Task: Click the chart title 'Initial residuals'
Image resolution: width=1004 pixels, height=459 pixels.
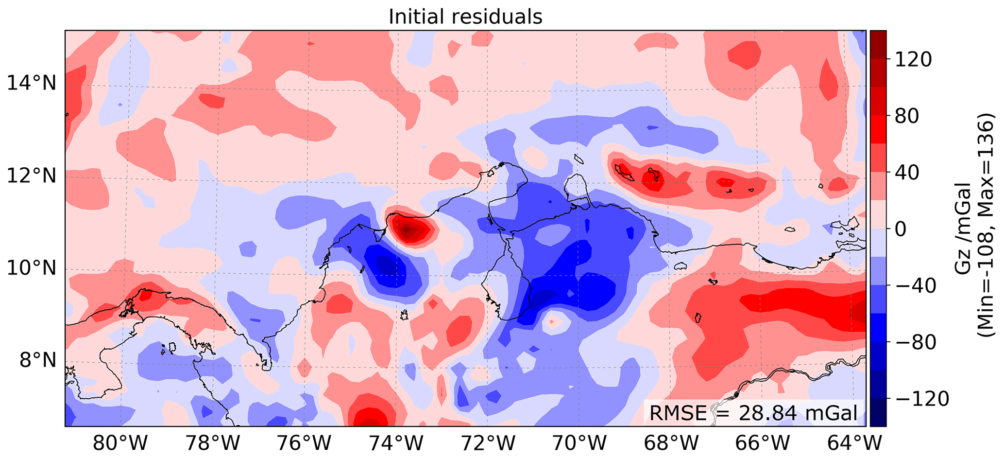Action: (x=465, y=17)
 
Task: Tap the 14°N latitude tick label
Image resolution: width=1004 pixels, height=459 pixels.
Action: (x=32, y=83)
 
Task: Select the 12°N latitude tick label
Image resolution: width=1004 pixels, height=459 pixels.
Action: (x=32, y=176)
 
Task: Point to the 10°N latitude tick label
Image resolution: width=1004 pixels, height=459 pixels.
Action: (x=32, y=268)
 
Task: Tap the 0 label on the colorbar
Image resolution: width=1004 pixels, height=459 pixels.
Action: (x=901, y=229)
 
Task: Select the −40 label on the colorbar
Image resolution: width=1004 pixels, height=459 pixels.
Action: (x=915, y=286)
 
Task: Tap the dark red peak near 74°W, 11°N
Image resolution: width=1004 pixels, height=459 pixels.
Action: (x=407, y=229)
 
